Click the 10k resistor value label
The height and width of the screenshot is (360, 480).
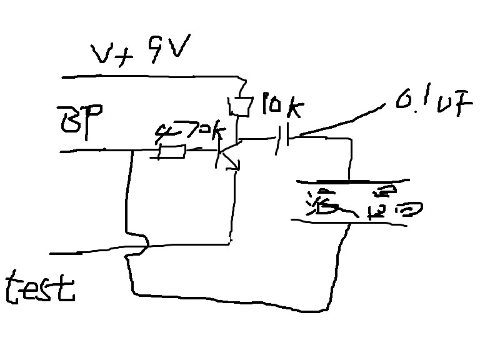(x=281, y=107)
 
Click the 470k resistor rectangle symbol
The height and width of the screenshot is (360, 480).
(x=171, y=151)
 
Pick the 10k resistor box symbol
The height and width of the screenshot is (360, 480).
(x=239, y=107)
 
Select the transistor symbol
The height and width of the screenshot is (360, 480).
(x=226, y=153)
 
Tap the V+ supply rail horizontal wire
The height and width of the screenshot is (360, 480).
(x=150, y=77)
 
